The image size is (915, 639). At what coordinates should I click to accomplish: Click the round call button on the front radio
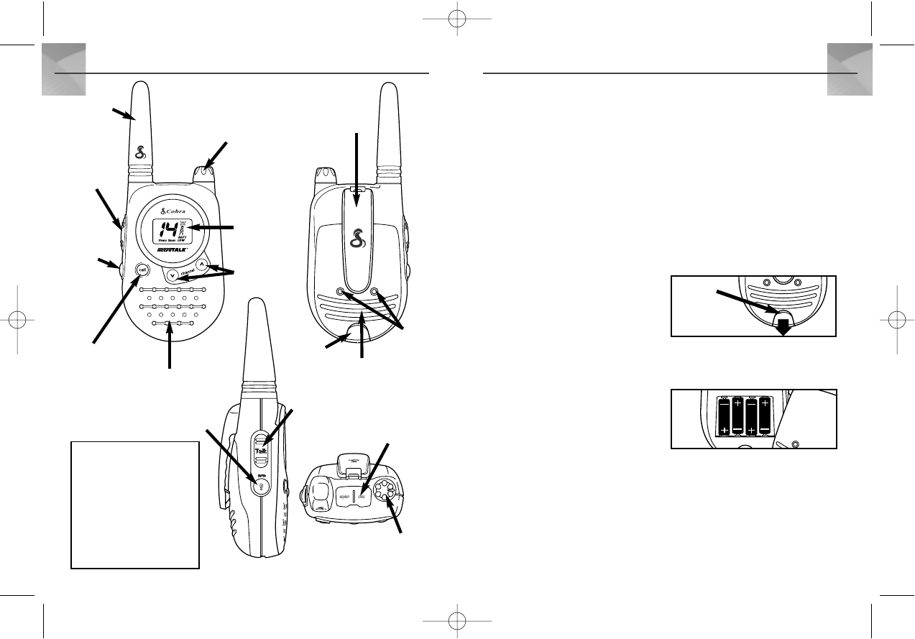click(x=142, y=271)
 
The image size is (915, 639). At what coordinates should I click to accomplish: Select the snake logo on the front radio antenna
click(x=142, y=152)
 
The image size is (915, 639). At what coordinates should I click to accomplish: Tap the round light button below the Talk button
click(x=259, y=483)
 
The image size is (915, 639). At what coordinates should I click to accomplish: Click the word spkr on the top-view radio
click(x=344, y=497)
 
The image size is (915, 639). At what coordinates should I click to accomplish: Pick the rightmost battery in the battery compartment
click(x=764, y=416)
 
